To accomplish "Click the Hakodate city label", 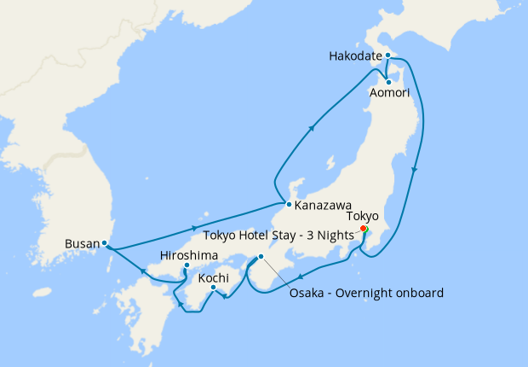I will coord(354,57).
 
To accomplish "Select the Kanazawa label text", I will coord(325,205).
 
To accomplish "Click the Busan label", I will coord(82,243).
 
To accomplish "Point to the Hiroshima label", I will coord(188,255).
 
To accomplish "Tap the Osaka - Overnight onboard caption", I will coord(367,294).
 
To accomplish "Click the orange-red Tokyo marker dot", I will coord(364,229).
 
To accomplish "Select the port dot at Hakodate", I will coord(387,55).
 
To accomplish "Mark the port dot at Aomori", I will coord(388,82).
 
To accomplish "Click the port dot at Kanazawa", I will coord(290,205).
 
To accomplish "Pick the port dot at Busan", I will coord(105,243).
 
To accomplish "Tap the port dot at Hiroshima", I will coord(187,265).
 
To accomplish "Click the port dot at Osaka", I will coord(261,257).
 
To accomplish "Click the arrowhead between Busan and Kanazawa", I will coord(188,228).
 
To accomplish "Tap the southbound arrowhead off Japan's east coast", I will coord(414,171).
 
